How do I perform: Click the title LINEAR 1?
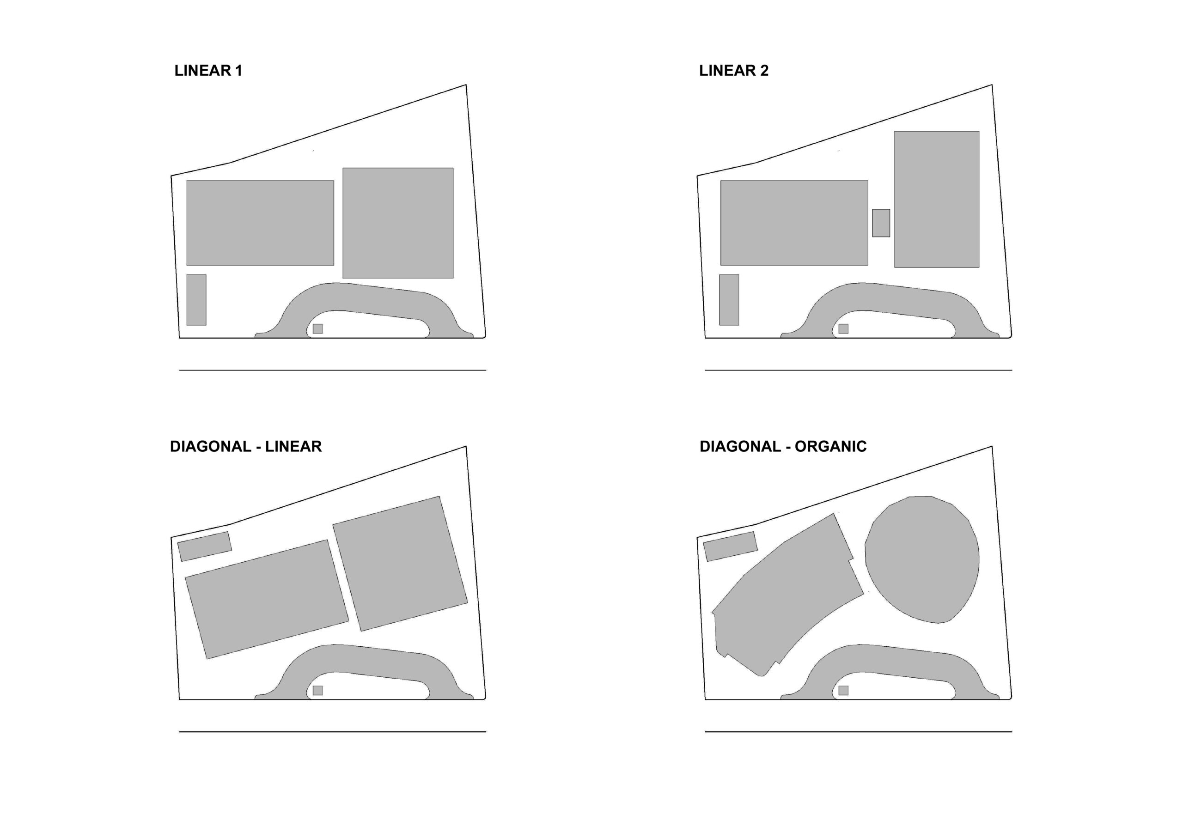(208, 71)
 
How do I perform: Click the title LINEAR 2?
(734, 71)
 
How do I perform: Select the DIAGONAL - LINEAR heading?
(246, 446)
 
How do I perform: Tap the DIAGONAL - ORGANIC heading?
(783, 446)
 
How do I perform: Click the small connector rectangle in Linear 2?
(881, 223)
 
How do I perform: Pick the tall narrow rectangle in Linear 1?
(196, 300)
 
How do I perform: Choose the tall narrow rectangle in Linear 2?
(729, 300)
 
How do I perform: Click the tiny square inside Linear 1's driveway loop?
(318, 328)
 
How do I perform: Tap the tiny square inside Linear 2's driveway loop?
(843, 328)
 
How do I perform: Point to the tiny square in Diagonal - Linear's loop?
(318, 690)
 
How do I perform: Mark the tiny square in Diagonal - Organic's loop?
(843, 690)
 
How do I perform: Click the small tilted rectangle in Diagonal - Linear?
(205, 547)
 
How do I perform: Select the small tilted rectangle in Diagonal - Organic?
(730, 547)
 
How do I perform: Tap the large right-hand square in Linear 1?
(398, 223)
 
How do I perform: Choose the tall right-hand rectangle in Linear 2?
(937, 200)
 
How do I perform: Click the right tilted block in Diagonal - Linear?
(400, 564)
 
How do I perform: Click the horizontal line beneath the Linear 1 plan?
(332, 370)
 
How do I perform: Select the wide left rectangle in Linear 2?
(794, 223)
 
